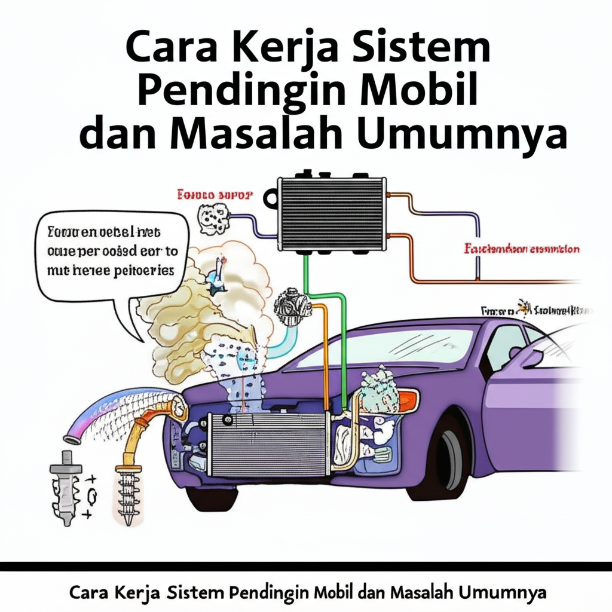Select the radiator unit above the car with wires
click(x=332, y=212)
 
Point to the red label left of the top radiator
click(x=215, y=195)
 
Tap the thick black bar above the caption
click(x=306, y=566)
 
